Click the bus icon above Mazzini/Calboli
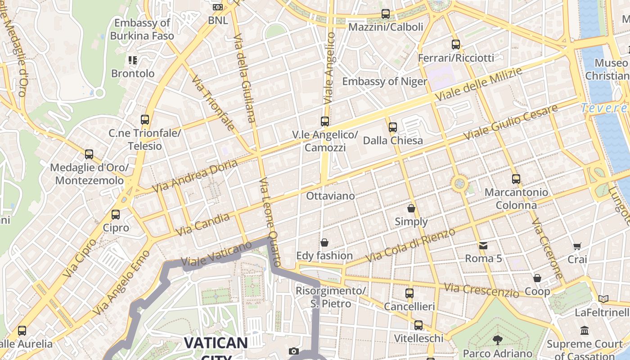point(386,14)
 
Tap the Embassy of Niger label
point(384,81)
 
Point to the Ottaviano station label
point(330,196)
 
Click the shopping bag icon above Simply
point(411,208)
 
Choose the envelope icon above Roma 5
point(483,246)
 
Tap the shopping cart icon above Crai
point(577,246)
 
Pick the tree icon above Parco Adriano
point(497,340)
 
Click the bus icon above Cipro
point(116,215)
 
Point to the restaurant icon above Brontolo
point(132,60)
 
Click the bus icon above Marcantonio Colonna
point(516,179)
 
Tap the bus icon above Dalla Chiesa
point(393,127)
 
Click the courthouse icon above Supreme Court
point(585,331)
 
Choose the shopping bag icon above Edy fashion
point(324,243)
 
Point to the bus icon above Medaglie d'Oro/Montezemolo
point(89,154)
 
